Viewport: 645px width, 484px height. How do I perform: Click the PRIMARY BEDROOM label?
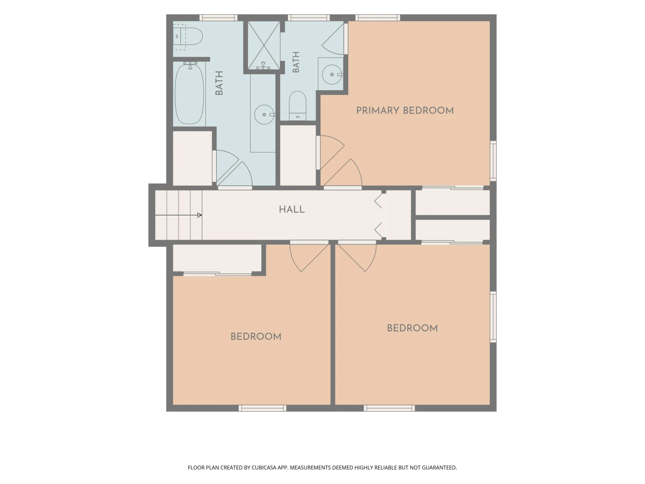tap(405, 111)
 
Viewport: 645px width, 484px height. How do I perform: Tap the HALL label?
tap(292, 209)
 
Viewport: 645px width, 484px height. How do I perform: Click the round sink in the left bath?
tap(265, 115)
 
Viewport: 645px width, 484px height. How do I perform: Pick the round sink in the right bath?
tap(332, 74)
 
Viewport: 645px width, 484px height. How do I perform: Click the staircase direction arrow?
tap(178, 215)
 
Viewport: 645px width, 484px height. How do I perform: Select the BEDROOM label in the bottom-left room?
tap(256, 336)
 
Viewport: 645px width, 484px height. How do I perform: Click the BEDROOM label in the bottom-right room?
tap(412, 328)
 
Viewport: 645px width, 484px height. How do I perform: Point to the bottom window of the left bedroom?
tap(262, 408)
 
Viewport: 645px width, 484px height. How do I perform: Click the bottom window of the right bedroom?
tap(389, 408)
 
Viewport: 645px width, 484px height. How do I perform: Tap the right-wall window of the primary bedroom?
tap(493, 161)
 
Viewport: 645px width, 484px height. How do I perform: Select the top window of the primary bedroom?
tap(378, 18)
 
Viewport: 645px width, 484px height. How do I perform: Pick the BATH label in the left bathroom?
tap(219, 83)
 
